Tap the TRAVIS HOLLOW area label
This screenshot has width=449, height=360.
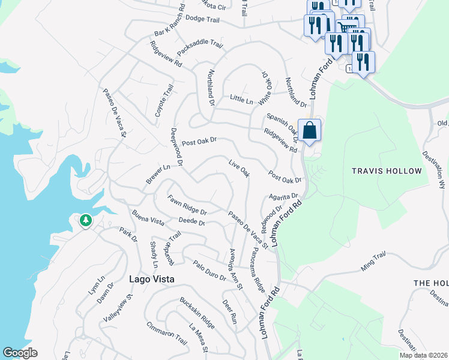point(387,171)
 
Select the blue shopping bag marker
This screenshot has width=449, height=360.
point(309,130)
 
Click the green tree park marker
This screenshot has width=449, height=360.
point(86,221)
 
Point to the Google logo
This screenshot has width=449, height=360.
point(20,353)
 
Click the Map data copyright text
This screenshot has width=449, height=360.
point(423,355)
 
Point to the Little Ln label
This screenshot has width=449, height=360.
point(241,98)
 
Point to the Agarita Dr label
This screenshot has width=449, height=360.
point(283,196)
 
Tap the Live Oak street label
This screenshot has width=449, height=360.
point(239,167)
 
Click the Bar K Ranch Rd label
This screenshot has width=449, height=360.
point(168,25)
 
